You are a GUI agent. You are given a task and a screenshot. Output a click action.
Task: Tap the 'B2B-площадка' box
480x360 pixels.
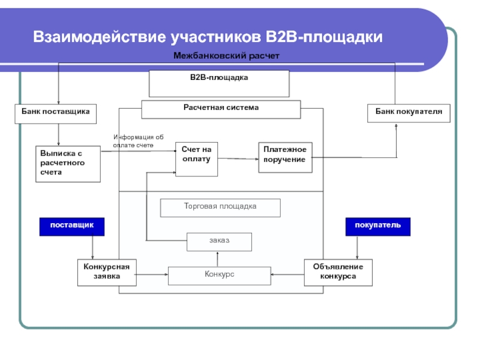(219, 83)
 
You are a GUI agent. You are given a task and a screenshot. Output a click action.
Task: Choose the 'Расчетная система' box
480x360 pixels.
(221, 109)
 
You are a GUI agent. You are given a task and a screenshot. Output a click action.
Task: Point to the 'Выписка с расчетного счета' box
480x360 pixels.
(67, 163)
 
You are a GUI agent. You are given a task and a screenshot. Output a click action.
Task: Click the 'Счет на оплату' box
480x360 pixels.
(196, 159)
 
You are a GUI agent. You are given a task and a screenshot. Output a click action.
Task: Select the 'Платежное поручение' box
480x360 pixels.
(285, 157)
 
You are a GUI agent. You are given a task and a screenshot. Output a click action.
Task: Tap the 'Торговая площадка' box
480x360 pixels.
(220, 207)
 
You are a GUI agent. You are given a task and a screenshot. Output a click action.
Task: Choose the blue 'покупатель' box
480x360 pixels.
(378, 226)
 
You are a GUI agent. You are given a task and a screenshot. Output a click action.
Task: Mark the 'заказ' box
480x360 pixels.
(219, 241)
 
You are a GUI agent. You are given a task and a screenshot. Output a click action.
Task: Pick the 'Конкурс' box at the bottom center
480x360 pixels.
(219, 275)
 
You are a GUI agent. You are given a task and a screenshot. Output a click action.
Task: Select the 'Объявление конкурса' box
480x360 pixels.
(338, 273)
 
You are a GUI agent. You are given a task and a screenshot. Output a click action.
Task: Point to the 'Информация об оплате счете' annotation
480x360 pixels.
(138, 141)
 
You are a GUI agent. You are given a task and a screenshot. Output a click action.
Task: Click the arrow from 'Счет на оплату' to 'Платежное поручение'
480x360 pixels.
(238, 158)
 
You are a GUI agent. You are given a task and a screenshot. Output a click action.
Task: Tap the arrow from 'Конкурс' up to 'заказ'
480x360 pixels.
(219, 259)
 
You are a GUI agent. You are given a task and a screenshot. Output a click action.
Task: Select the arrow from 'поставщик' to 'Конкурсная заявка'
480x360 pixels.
(92, 247)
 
